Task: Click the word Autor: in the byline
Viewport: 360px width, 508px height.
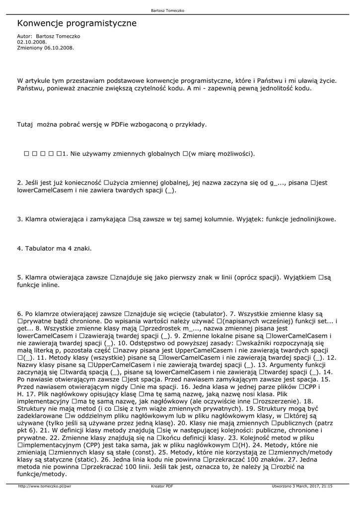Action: (25, 36)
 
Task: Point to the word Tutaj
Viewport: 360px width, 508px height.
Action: (25, 125)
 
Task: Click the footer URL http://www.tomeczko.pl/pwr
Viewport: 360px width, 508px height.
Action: (45, 486)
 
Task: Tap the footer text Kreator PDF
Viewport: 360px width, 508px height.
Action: (162, 486)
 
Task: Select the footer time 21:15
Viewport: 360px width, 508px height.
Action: (327, 486)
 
